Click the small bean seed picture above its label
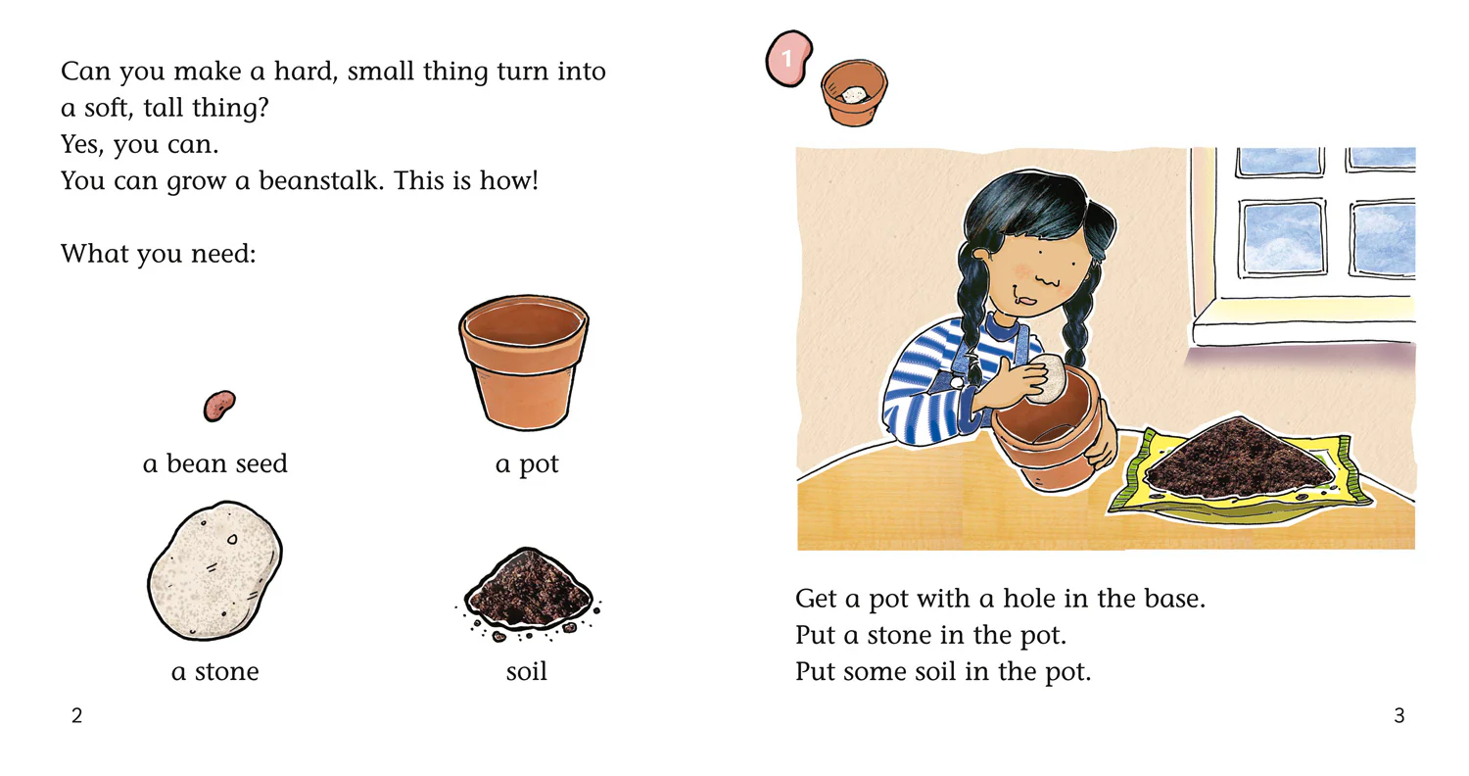[x=219, y=406]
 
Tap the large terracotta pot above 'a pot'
[x=524, y=363]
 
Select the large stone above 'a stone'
[x=214, y=570]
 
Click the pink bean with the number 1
[x=789, y=59]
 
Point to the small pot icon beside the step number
[x=854, y=92]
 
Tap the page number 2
[x=76, y=715]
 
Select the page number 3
[x=1398, y=715]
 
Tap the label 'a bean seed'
[x=215, y=463]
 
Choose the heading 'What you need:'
[x=159, y=254]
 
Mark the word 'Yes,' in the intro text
[x=82, y=144]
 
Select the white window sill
[x=1303, y=323]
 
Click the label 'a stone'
[x=215, y=672]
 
